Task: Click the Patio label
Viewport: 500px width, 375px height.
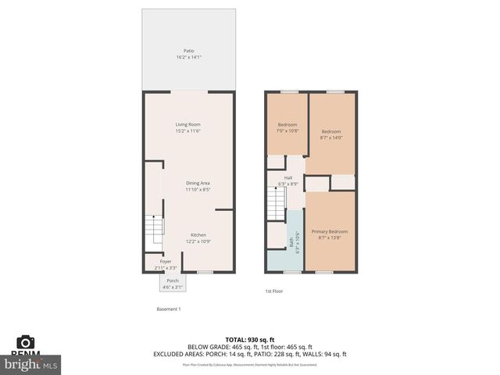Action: pos(188,51)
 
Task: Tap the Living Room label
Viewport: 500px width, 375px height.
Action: pos(188,124)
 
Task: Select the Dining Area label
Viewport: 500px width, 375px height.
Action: pos(197,183)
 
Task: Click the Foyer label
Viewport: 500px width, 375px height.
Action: pos(166,261)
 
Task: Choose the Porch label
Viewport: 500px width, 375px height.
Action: pos(173,280)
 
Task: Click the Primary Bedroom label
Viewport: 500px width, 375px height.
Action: pos(330,231)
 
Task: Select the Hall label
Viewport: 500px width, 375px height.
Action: pos(288,178)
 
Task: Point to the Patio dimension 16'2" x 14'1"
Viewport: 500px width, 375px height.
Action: pos(188,57)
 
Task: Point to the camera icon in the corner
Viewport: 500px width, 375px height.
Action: pos(26,341)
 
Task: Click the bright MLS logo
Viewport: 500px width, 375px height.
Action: pos(31,363)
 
